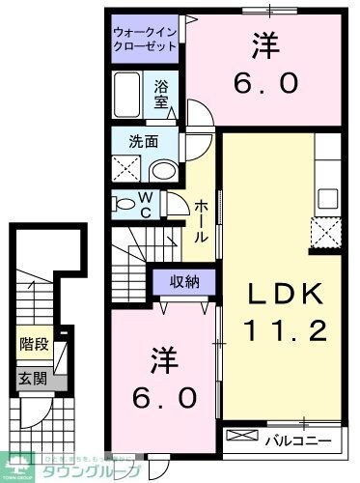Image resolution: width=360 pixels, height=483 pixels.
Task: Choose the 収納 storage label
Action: point(186,282)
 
